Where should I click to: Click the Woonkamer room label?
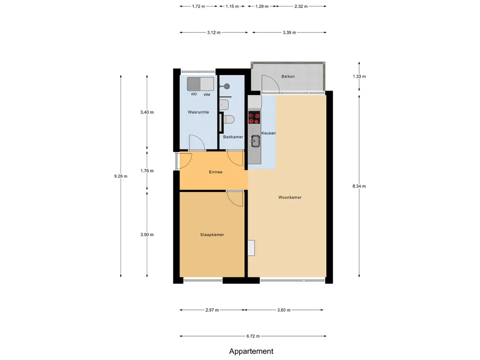290,197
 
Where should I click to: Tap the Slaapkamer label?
212,235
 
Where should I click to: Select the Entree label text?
216,172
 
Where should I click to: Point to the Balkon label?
288,76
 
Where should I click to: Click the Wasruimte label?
198,112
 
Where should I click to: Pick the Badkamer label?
233,137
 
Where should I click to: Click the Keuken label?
269,133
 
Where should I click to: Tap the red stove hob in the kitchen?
255,118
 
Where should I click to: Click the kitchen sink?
255,141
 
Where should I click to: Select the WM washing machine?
207,84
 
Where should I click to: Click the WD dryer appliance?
194,84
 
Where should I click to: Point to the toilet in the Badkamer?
229,120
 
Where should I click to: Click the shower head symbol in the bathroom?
227,87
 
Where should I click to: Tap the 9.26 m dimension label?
121,176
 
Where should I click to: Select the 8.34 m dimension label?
359,186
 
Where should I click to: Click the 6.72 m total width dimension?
253,336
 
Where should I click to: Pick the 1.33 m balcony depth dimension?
359,76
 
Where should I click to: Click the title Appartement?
251,352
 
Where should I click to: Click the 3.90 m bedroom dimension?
147,235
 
